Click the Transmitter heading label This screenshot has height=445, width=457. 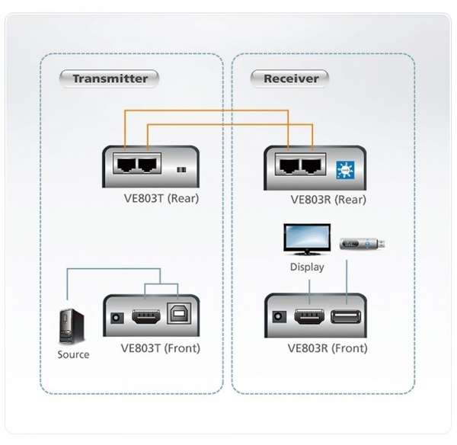coord(110,78)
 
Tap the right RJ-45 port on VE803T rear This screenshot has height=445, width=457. coord(148,165)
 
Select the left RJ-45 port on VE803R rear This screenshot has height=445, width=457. coord(289,165)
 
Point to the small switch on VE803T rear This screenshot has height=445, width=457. coord(181,169)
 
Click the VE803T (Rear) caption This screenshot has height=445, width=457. coord(161,199)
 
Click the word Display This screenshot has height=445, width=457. coord(307,267)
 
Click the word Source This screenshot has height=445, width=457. coord(73,354)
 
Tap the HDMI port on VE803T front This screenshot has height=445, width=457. coord(145,317)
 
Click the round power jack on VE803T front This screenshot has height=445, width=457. coord(117,318)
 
